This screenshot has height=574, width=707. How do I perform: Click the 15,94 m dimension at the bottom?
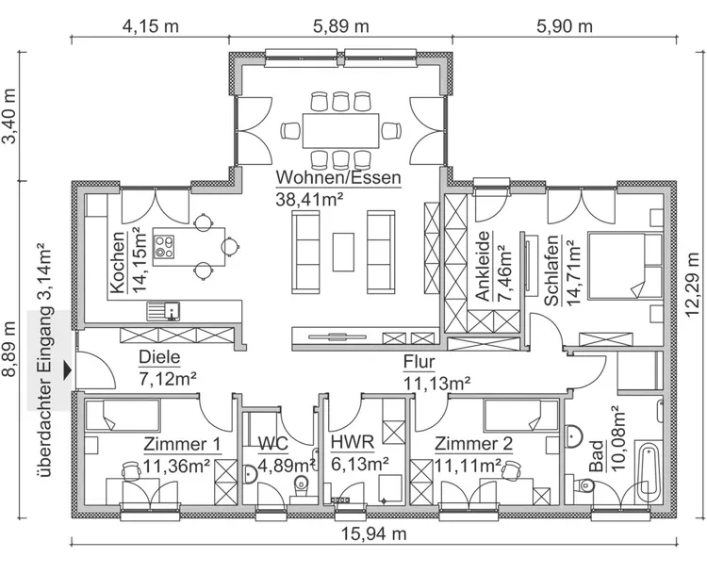373,535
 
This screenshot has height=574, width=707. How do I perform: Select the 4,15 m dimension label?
150,25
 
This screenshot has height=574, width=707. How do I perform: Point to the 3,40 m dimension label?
10,117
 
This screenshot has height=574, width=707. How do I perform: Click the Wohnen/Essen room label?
338,177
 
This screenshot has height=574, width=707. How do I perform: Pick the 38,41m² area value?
309,198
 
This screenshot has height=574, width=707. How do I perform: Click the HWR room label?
353,442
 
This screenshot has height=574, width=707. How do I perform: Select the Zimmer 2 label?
475,442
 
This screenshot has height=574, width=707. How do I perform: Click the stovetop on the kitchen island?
166,245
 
